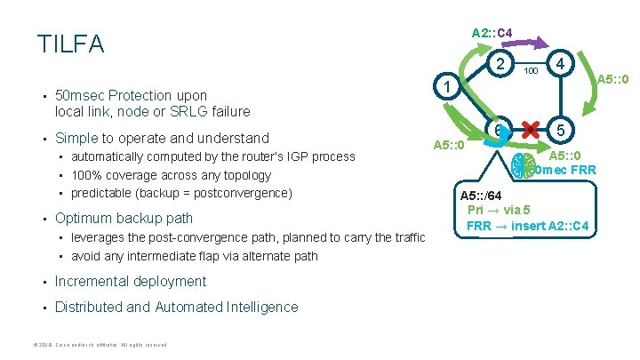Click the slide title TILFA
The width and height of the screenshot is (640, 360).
pos(71,44)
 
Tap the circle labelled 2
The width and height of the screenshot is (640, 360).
pos(502,64)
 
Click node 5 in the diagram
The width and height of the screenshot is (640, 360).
pos(561,131)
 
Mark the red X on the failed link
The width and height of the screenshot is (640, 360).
pos(532,132)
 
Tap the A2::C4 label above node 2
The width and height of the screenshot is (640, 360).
pos(492,33)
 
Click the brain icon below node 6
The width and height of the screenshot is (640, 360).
pos(525,166)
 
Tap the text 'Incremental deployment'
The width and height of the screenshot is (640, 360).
pos(130,282)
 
